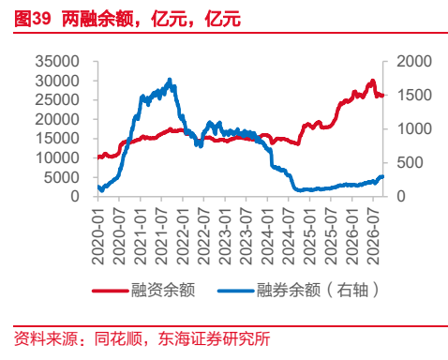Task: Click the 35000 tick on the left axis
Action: pos(57,62)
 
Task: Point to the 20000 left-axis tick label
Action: pos(57,119)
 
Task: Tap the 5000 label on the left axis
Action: pos(62,177)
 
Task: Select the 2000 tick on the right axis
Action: pos(414,62)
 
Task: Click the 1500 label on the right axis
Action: pos(414,96)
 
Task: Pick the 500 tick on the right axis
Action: pos(410,163)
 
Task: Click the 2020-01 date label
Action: pos(97,236)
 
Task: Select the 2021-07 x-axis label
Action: pos(161,236)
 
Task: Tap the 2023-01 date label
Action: pos(225,236)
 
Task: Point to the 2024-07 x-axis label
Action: pos(288,236)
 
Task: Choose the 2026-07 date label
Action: pos(373,236)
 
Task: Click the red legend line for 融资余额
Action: pos(111,291)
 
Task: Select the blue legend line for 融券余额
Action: pos(236,291)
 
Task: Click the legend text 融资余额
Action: pos(163,290)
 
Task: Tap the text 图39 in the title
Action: pos(32,19)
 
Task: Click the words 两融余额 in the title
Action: pos(97,19)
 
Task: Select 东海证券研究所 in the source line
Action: pos(214,338)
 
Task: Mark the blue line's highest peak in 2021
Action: pos(170,80)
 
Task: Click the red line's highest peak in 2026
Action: pos(372,81)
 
